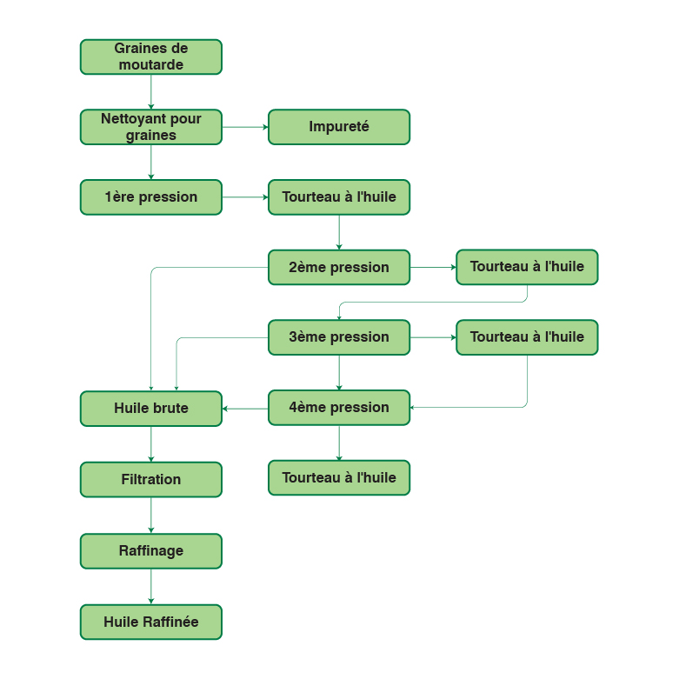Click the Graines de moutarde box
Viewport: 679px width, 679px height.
[150, 57]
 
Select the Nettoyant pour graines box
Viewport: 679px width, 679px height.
[150, 127]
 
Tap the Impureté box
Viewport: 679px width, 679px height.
[338, 127]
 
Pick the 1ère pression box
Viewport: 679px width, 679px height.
[150, 197]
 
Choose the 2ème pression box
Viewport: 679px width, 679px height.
[338, 267]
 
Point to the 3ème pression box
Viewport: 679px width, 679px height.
[338, 337]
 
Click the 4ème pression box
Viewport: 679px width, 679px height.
[338, 408]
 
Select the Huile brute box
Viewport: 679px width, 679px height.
[150, 409]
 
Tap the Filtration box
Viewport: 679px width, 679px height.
[150, 479]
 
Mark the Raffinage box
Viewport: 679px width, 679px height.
[150, 551]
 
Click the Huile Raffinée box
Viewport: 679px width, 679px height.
[150, 622]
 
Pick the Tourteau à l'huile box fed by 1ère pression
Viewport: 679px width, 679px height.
[338, 197]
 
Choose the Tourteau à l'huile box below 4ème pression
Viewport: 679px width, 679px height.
[338, 477]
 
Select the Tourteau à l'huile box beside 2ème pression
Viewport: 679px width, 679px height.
[527, 267]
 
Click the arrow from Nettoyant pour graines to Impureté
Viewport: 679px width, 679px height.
[244, 127]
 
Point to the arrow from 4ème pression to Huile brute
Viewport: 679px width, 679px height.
[244, 409]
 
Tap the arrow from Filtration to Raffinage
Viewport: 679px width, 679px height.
[151, 515]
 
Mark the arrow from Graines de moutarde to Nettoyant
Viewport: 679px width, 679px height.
[151, 91]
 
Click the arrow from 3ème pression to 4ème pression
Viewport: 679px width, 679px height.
[339, 372]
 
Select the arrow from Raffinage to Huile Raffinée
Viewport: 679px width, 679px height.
[151, 586]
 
